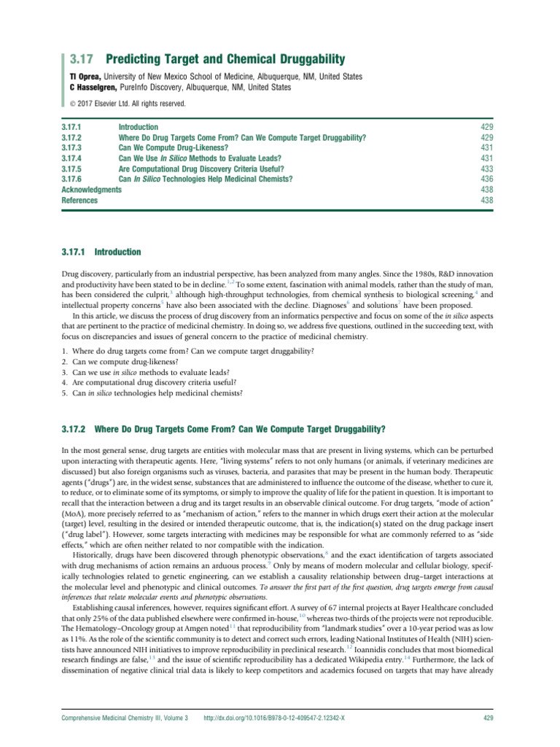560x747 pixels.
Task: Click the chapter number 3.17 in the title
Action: [76, 58]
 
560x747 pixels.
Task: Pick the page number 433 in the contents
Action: [489, 168]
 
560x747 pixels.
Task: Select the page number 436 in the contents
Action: [489, 178]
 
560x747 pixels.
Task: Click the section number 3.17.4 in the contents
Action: [75, 158]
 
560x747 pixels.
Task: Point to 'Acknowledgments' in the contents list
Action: [92, 189]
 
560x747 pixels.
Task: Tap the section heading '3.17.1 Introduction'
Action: [101, 252]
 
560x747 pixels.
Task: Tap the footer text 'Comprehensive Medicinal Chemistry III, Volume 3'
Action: [125, 718]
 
